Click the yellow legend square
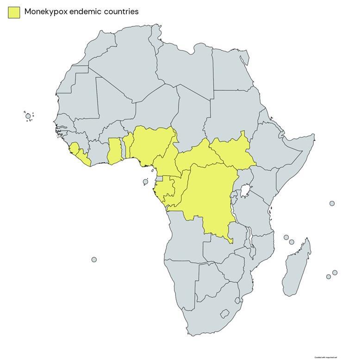(x=14, y=12)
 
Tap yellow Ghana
(x=114, y=150)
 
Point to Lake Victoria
(x=246, y=190)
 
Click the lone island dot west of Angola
(x=94, y=260)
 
